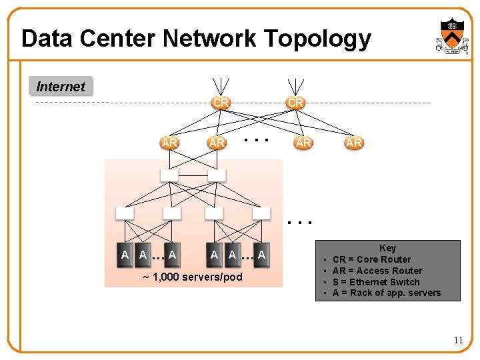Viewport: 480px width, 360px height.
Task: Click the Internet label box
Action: [61, 87]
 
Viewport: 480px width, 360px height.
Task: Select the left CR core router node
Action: [221, 103]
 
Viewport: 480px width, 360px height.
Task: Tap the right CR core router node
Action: [295, 103]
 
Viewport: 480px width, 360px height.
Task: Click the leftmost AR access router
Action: [169, 143]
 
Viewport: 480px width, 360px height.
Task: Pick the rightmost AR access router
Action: [353, 143]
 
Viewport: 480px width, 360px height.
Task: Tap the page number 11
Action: [458, 340]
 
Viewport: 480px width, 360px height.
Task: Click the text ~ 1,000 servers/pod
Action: [193, 277]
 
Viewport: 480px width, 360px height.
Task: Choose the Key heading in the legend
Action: [387, 248]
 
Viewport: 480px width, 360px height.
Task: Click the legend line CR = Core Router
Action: [371, 259]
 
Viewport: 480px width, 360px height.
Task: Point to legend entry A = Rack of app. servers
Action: [386, 293]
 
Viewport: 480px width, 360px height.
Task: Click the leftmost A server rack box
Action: [125, 255]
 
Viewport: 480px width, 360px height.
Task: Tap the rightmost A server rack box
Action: [261, 255]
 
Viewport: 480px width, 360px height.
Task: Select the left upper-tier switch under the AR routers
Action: [169, 175]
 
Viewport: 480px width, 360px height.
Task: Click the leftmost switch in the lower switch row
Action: [125, 213]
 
